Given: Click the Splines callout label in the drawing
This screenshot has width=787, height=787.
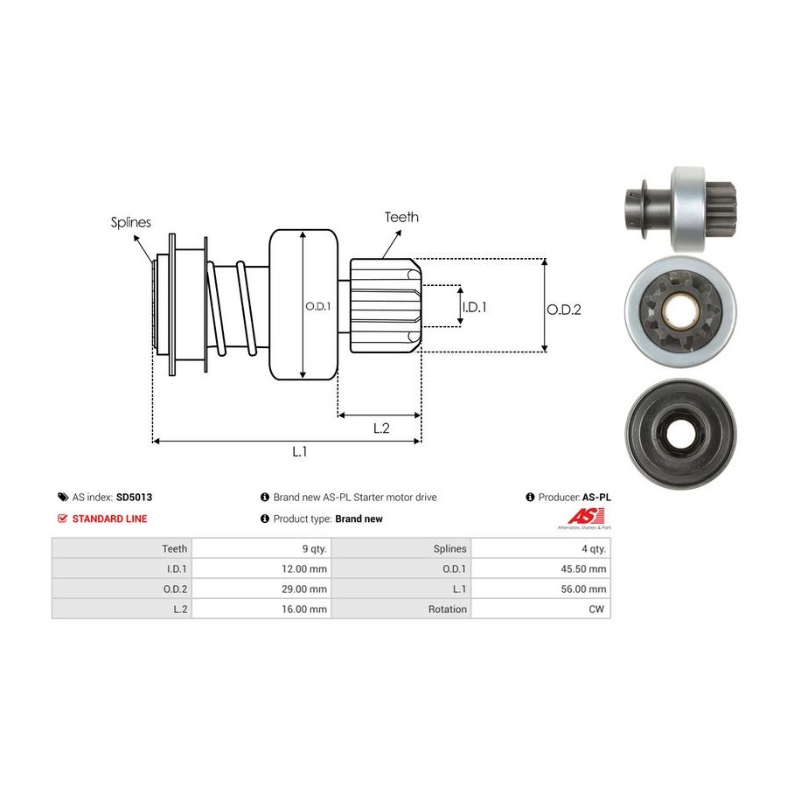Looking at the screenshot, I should point(130,222).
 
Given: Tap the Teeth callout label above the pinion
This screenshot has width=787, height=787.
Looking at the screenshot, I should point(401,217).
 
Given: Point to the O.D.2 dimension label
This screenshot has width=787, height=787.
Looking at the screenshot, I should point(564,309).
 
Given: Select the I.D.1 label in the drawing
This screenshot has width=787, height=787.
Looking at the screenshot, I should point(473,307).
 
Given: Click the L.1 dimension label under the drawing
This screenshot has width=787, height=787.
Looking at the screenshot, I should point(299,452).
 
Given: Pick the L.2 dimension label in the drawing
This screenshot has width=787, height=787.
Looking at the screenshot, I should point(381,428).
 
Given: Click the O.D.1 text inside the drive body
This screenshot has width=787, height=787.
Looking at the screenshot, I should point(317,307).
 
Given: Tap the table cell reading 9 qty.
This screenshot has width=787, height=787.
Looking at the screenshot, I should point(312,548).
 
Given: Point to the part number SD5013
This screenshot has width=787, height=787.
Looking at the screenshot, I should point(134,498).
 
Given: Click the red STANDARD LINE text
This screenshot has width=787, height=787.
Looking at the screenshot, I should point(109,519).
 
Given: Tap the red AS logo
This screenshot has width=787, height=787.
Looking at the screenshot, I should point(585,516).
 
